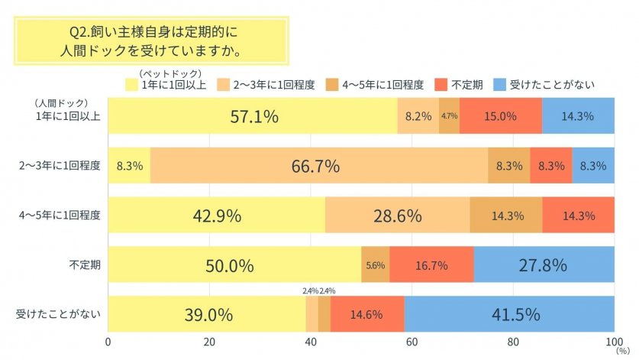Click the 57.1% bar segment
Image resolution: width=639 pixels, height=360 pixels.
[253, 117]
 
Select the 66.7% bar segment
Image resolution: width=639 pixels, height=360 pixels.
[319, 166]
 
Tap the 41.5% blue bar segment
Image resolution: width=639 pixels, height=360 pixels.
[509, 313]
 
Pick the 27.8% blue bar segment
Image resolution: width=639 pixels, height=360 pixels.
[544, 264]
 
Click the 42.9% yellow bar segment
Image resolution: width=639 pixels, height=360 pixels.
[217, 216]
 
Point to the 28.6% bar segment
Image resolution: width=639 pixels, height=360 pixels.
[397, 216]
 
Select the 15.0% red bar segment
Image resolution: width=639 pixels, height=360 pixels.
[500, 117]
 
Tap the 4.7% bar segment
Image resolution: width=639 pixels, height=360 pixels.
[449, 117]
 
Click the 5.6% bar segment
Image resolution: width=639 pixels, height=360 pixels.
[375, 264]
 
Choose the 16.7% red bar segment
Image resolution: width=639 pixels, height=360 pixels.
[431, 264]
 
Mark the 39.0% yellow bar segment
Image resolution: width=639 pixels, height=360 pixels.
[206, 313]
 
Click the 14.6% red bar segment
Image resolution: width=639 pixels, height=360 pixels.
[367, 313]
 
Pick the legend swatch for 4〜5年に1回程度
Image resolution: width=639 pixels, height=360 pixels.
[331, 84]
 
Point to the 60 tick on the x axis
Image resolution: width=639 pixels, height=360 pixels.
[411, 341]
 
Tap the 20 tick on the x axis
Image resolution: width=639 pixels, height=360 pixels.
[209, 341]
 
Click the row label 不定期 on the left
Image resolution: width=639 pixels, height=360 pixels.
[86, 264]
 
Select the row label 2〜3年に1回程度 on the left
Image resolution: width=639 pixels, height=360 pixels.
[60, 166]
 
